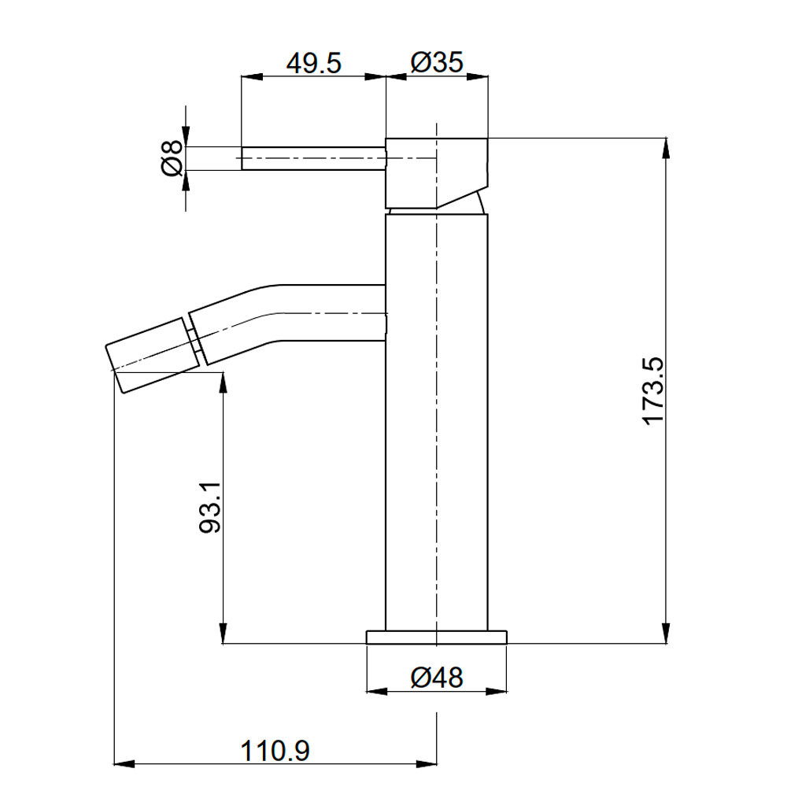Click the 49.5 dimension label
(x=313, y=63)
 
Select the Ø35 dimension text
(x=436, y=63)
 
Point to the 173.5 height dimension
(x=653, y=391)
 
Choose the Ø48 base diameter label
(x=436, y=677)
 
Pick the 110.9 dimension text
(x=275, y=751)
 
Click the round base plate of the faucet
(x=436, y=637)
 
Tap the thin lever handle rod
(x=312, y=157)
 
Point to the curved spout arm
(x=291, y=315)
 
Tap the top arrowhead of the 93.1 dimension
(x=224, y=383)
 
